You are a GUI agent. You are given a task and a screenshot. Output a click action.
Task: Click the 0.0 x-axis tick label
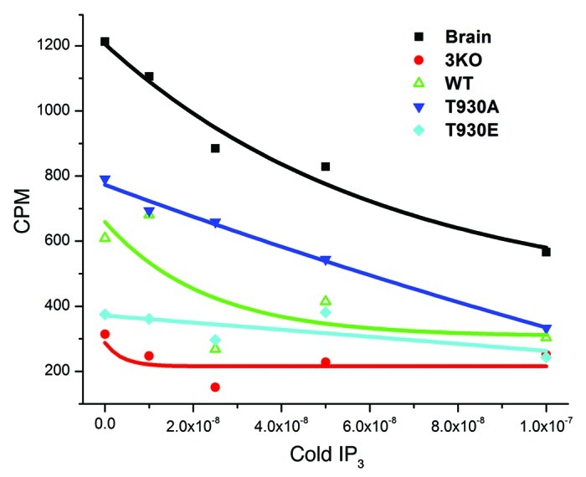tap(105, 424)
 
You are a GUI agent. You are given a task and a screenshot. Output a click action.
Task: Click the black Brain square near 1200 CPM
tap(105, 42)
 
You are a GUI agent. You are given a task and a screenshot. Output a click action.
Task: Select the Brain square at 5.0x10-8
tap(326, 167)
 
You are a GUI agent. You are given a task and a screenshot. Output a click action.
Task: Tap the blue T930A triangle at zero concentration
tap(105, 180)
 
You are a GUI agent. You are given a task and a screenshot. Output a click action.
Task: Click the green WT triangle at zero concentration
tap(105, 238)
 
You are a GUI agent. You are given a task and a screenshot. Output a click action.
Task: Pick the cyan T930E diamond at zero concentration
tap(105, 315)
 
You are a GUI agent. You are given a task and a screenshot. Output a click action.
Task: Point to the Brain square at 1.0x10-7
tap(546, 252)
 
